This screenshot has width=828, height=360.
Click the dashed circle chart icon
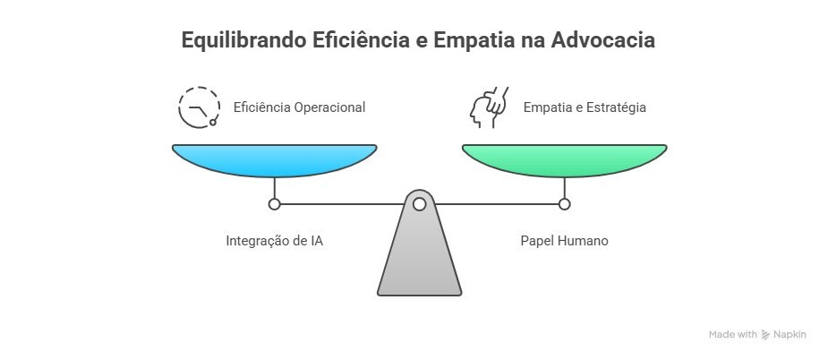198,107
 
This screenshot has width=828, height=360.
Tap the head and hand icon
489,107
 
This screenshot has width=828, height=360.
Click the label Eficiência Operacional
299,107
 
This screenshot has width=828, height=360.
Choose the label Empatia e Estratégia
585,107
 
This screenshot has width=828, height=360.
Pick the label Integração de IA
274,241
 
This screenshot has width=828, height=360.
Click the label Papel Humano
564,241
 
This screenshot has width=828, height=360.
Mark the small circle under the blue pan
275,204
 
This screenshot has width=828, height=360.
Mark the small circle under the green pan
564,204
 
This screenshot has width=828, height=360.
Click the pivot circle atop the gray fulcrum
419,204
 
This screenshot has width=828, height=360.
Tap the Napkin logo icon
765,335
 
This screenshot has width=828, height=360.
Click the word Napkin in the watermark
790,335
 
